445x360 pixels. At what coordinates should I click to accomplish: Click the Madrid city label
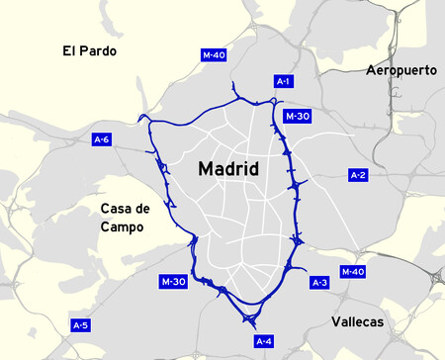pyautogui.click(x=228, y=169)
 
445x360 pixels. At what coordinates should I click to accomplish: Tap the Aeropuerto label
pyautogui.click(x=400, y=70)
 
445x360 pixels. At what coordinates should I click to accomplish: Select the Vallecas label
pyautogui.click(x=357, y=322)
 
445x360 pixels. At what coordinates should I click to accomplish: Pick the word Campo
pyautogui.click(x=122, y=226)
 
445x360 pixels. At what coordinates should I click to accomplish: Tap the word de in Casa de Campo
pyautogui.click(x=143, y=209)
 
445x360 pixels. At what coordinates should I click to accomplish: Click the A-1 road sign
pyautogui.click(x=283, y=81)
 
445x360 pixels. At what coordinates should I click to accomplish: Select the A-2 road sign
pyautogui.click(x=359, y=175)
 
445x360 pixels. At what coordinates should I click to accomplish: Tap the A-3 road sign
pyautogui.click(x=319, y=283)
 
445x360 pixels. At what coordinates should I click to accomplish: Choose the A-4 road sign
pyautogui.click(x=263, y=341)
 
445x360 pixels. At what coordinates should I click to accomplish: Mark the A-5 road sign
pyautogui.click(x=81, y=324)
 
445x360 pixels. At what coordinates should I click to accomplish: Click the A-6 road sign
pyautogui.click(x=102, y=138)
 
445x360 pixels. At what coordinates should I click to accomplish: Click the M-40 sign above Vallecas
pyautogui.click(x=352, y=271)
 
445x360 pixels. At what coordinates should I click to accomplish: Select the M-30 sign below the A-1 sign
pyautogui.click(x=297, y=117)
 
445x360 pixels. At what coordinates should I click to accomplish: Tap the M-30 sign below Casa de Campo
pyautogui.click(x=173, y=282)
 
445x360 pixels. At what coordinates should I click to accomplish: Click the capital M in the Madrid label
pyautogui.click(x=205, y=169)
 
